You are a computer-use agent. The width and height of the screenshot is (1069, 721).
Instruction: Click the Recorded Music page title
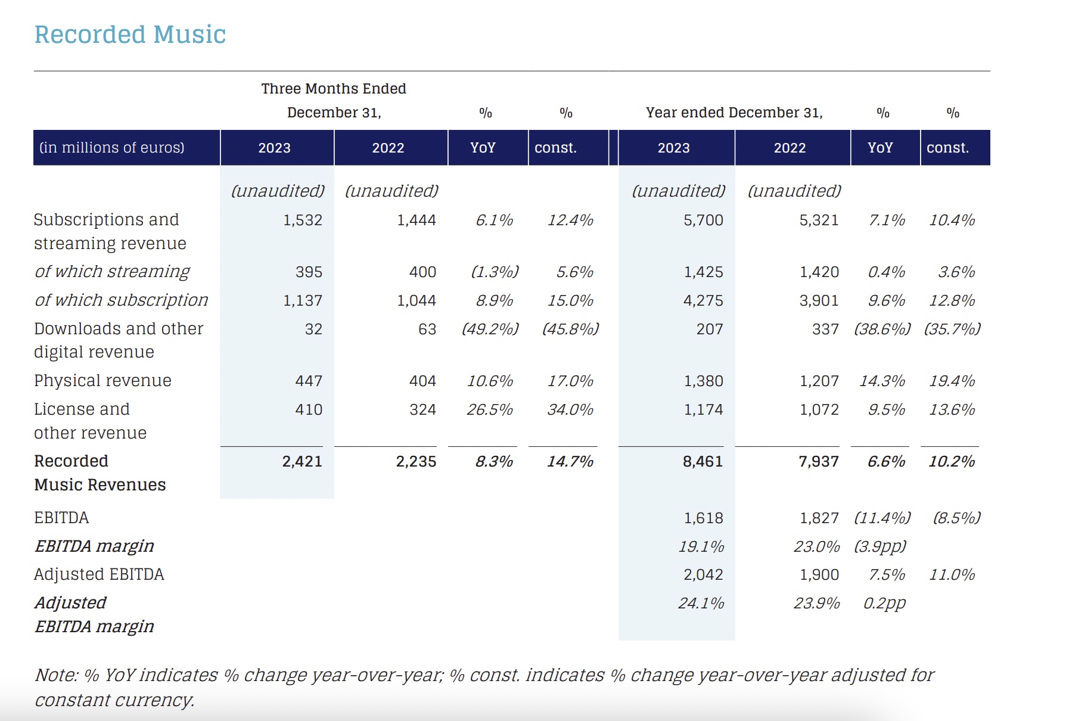(x=130, y=35)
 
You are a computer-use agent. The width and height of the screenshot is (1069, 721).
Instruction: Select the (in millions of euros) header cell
(x=112, y=147)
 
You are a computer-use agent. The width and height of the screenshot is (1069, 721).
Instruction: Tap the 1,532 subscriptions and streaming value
(x=303, y=220)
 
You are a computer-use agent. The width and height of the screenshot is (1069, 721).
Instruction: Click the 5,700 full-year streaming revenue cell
(x=703, y=220)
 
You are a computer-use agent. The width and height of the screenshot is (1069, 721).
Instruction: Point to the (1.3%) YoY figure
(x=495, y=272)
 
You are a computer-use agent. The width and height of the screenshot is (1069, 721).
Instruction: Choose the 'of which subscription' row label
(x=122, y=300)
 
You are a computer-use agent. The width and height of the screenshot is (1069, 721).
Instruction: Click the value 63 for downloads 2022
(x=427, y=329)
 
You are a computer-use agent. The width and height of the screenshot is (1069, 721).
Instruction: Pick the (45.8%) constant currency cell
(x=570, y=329)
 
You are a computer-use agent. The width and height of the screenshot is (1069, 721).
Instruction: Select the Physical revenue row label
(x=102, y=381)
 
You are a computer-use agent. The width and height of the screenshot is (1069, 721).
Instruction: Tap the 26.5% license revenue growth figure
(x=490, y=409)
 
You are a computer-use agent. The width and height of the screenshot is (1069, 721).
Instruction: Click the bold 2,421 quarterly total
(x=302, y=461)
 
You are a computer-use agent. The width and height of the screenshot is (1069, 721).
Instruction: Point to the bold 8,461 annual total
(x=703, y=461)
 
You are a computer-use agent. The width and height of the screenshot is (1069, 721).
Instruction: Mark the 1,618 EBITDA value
(x=703, y=518)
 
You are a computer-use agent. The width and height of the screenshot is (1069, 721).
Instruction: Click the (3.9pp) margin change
(x=880, y=546)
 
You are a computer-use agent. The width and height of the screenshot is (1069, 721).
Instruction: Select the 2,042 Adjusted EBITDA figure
(x=703, y=574)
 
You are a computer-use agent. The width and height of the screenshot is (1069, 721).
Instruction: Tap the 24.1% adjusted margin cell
(x=701, y=603)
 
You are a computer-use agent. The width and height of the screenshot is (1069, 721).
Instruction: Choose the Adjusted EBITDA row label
(x=99, y=574)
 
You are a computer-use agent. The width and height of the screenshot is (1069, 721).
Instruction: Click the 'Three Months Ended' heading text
(x=334, y=89)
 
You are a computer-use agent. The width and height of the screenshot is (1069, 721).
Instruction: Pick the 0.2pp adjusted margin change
(x=885, y=604)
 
